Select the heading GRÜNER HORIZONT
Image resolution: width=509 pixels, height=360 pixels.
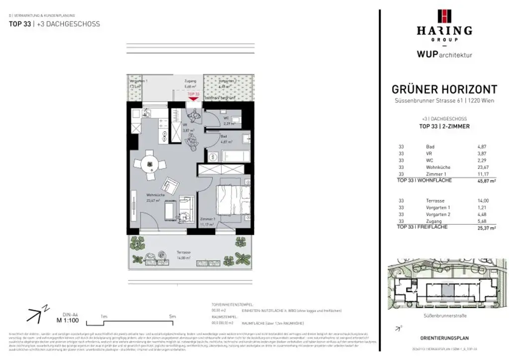tap(444, 90)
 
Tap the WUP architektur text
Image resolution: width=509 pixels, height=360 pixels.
tap(444, 55)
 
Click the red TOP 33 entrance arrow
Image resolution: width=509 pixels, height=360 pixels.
tap(193, 98)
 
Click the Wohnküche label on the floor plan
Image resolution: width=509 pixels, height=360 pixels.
tap(155, 195)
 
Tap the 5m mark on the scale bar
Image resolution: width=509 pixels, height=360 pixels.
tap(172, 316)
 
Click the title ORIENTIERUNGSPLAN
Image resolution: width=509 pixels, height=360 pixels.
tap(444, 339)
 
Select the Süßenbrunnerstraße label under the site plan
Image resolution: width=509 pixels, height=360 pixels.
tap(444, 315)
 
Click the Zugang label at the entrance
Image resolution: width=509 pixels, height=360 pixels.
tap(190, 81)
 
